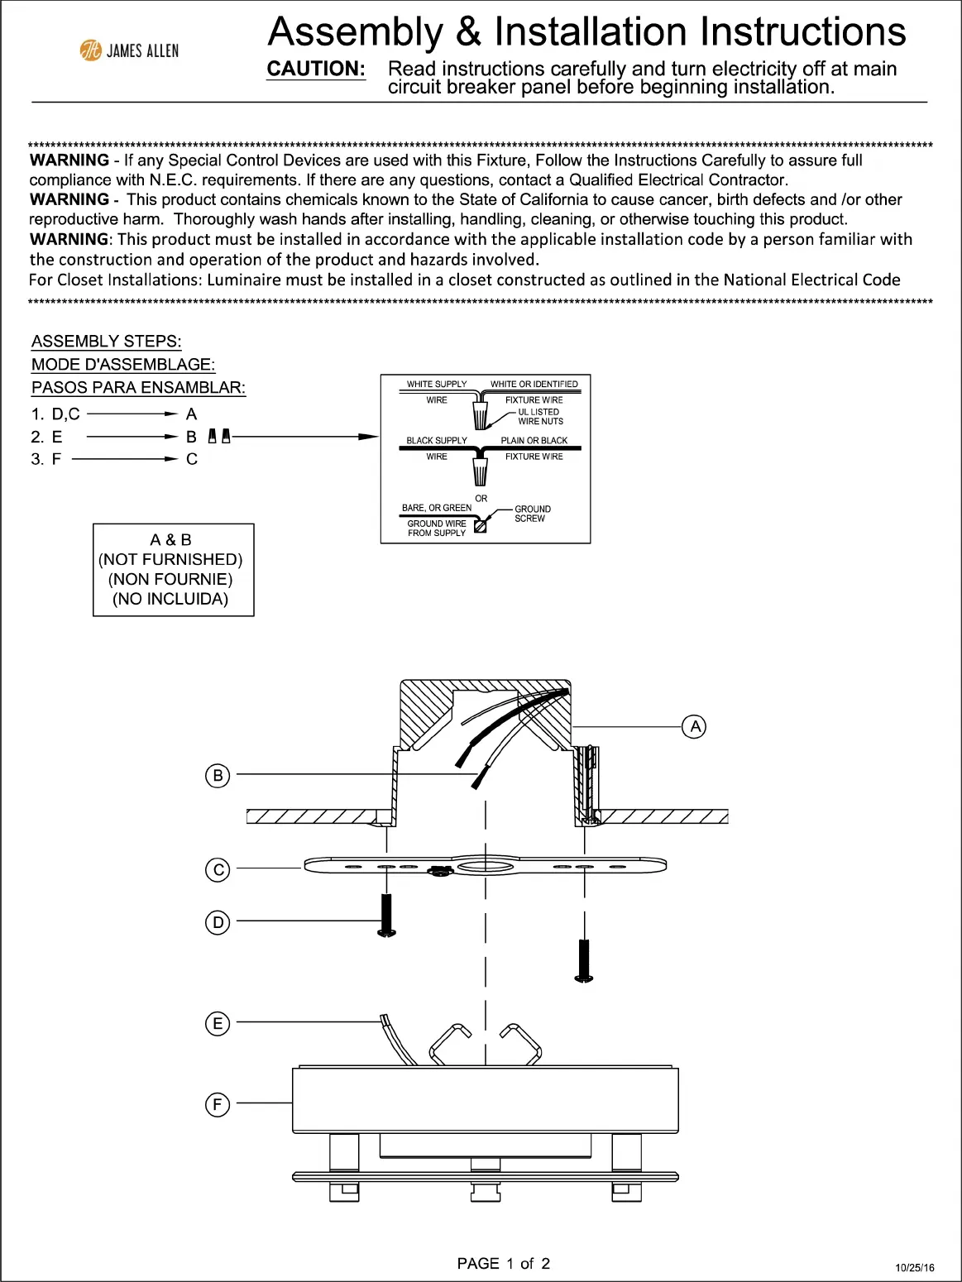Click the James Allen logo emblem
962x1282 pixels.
click(90, 50)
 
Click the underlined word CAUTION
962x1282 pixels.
click(316, 69)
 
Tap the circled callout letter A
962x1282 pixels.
click(694, 727)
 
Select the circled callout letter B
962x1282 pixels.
click(218, 776)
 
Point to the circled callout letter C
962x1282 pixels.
click(218, 869)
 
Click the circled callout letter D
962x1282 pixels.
click(218, 922)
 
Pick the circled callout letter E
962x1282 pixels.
click(218, 1023)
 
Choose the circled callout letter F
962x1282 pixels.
click(218, 1104)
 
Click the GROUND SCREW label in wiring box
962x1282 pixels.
click(532, 514)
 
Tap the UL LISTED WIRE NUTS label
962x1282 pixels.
click(539, 417)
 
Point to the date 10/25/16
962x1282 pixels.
click(915, 1267)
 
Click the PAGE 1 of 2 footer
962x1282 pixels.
click(503, 1263)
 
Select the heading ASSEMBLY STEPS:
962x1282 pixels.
click(107, 342)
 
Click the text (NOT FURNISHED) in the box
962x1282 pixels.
click(170, 560)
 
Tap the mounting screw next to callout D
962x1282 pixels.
click(386, 916)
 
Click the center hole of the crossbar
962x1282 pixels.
click(485, 866)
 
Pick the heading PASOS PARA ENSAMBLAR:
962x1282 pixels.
click(138, 388)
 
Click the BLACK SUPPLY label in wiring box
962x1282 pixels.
click(437, 441)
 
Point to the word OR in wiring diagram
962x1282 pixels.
click(481, 499)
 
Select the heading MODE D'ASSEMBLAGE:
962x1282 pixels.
click(123, 365)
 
